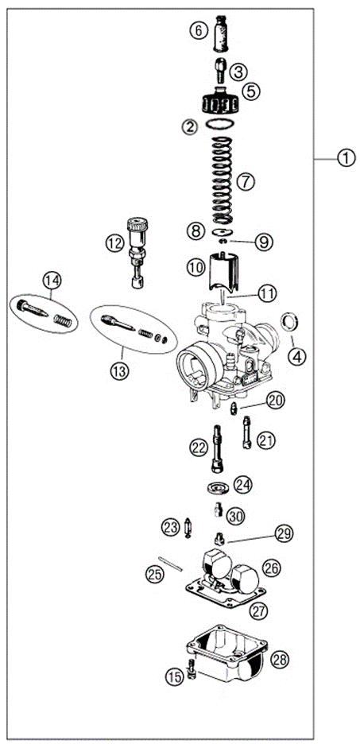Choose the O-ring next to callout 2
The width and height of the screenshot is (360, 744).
point(221,126)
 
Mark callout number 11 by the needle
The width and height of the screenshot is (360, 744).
point(267,293)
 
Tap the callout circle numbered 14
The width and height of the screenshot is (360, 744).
point(52,280)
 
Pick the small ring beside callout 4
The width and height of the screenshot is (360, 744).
point(291,322)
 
